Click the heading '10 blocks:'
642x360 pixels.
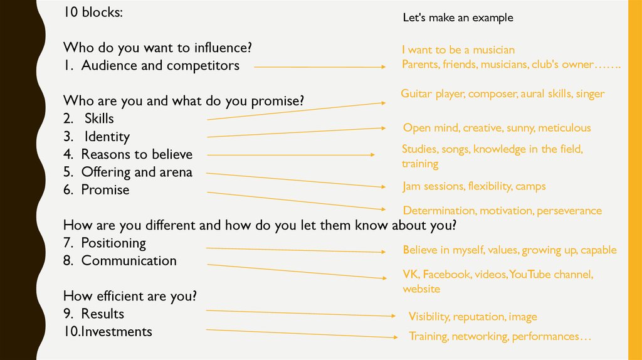pos(93,13)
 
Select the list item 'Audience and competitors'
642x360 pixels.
pos(160,65)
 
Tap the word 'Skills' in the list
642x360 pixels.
pos(99,119)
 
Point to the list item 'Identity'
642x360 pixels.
pos(107,137)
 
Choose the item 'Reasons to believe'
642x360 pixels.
pos(137,154)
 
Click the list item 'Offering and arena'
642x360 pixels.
pos(137,172)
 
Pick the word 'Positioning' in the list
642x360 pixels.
pos(113,243)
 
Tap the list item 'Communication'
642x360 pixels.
pos(129,260)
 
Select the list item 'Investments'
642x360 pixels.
pos(116,331)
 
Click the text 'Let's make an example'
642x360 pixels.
pos(458,18)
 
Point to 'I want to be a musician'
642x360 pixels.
pos(458,50)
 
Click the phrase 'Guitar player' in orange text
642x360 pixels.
pos(432,94)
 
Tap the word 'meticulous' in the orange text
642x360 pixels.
pos(564,128)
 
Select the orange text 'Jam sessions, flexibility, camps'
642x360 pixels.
pos(474,186)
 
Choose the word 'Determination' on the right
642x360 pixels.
pos(436,211)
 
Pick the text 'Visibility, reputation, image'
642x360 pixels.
pos(473,317)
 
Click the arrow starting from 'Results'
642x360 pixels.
pos(301,313)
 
